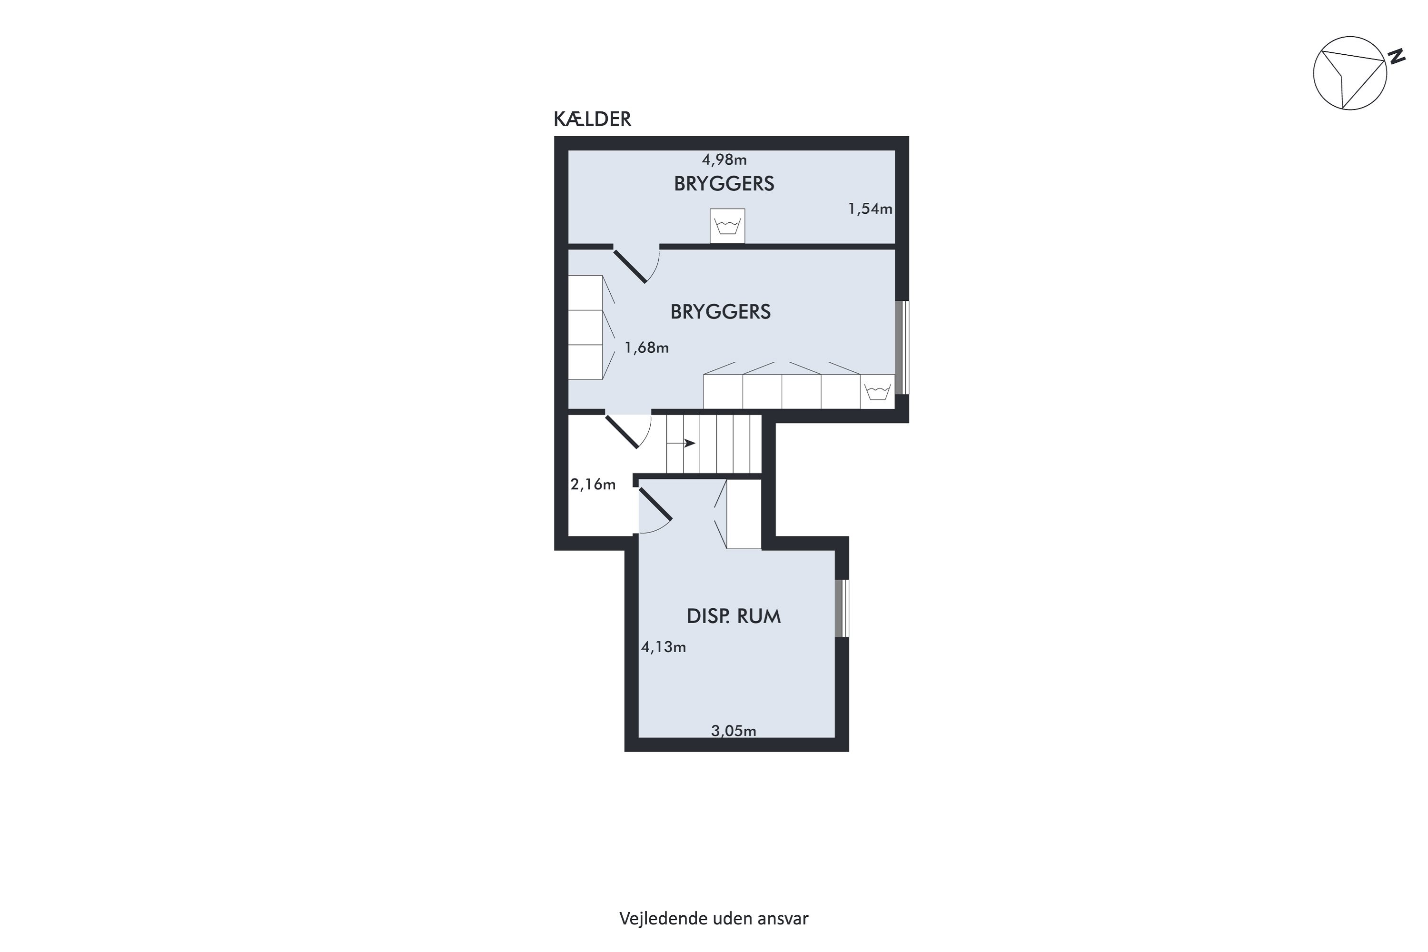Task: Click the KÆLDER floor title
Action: tap(592, 119)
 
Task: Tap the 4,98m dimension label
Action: tap(724, 159)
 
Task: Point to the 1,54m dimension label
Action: tap(870, 209)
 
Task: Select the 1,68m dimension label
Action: tap(646, 348)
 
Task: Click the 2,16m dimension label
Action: tap(593, 485)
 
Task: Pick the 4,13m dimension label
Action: tap(664, 647)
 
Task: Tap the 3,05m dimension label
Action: tap(734, 731)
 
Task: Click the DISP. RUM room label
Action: tap(734, 616)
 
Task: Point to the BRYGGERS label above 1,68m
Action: tap(720, 311)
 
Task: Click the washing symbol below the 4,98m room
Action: tap(727, 226)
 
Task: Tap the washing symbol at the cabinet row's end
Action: tap(877, 392)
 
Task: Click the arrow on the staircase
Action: tap(681, 443)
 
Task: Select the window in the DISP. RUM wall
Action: tap(842, 608)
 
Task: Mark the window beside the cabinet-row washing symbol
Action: tap(902, 347)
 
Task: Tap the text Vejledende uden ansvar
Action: tap(714, 919)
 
